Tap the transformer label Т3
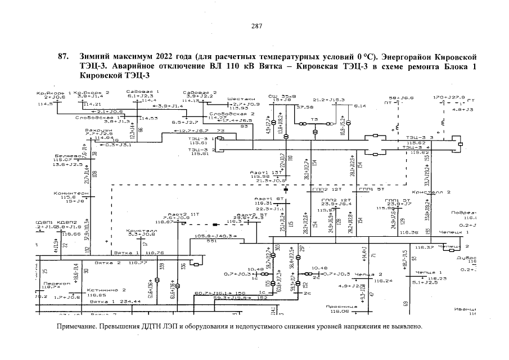click(314, 119)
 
